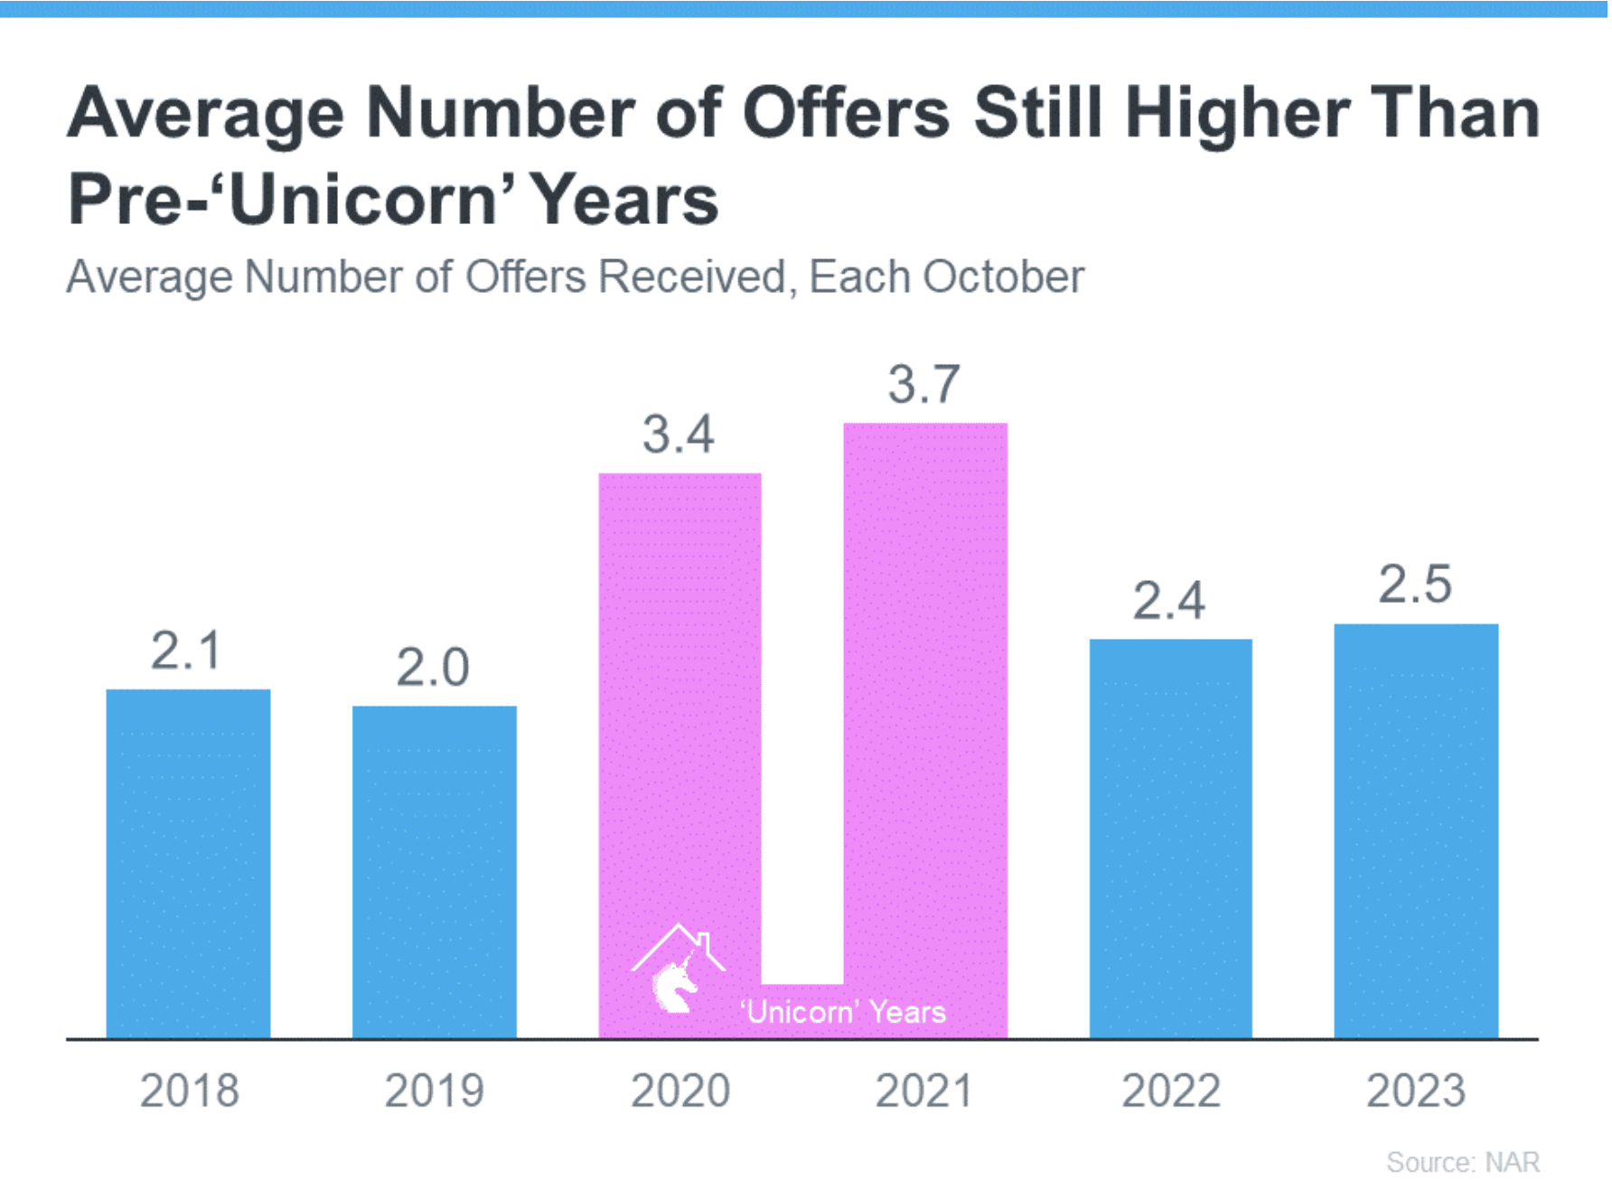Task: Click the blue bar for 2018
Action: pyautogui.click(x=188, y=863)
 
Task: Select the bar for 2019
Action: pyautogui.click(x=435, y=872)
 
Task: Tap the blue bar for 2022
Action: pyautogui.click(x=1170, y=838)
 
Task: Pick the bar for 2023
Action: pyautogui.click(x=1416, y=830)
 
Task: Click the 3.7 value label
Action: pyautogui.click(x=923, y=385)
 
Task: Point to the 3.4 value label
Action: pyautogui.click(x=679, y=435)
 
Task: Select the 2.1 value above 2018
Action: pyautogui.click(x=186, y=651)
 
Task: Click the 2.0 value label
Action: pyautogui.click(x=433, y=668)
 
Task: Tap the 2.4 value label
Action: pyautogui.click(x=1169, y=601)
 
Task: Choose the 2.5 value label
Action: pyautogui.click(x=1415, y=585)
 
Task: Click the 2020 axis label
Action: pyautogui.click(x=680, y=1091)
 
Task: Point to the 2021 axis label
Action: pyautogui.click(x=924, y=1091)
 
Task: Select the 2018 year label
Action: pyautogui.click(x=190, y=1091)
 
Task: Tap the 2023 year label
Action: pyautogui.click(x=1416, y=1091)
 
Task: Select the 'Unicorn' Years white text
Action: pyautogui.click(x=843, y=1012)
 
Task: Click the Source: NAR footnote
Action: pyautogui.click(x=1463, y=1162)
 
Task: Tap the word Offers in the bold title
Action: pyautogui.click(x=847, y=113)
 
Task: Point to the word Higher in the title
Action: pyautogui.click(x=1237, y=113)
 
